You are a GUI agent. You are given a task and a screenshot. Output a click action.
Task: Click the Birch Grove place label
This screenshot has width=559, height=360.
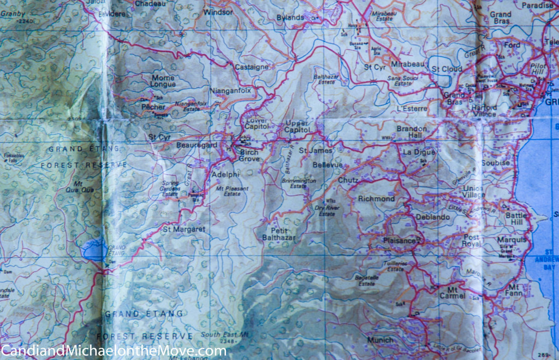[249, 155]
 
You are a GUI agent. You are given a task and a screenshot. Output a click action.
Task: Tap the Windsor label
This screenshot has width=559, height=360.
[218, 11]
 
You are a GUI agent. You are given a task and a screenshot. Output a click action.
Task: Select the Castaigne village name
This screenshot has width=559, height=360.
[251, 67]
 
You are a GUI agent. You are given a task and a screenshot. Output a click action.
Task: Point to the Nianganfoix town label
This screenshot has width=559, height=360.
[230, 91]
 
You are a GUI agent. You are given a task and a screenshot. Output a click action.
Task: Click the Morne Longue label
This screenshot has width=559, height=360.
[163, 81]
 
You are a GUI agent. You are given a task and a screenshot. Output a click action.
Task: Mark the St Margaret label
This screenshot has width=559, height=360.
[183, 229]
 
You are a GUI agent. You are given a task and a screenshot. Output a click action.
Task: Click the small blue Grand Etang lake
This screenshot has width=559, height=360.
[94, 250]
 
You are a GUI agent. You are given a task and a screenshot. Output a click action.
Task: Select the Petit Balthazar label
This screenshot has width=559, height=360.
[279, 234]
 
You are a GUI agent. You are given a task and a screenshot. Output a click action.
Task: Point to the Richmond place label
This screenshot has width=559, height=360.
[376, 199]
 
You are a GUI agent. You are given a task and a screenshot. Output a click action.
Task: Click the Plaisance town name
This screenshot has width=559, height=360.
[400, 240]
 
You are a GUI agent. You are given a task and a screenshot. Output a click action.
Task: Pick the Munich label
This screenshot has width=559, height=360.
[380, 340]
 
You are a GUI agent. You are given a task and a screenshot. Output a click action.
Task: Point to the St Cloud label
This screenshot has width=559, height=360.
[447, 69]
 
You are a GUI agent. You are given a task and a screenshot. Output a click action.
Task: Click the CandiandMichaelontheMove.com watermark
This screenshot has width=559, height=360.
[113, 350]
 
